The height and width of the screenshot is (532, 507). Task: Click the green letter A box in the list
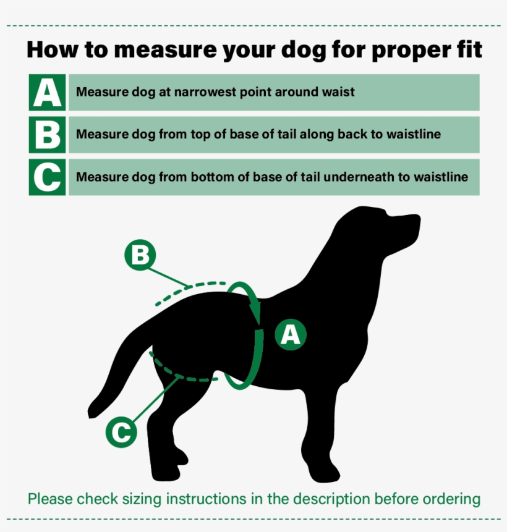[47, 93]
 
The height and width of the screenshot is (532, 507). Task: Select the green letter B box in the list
[47, 134]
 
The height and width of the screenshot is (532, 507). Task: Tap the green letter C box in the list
[47, 177]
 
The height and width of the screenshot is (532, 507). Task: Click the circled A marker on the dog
[290, 334]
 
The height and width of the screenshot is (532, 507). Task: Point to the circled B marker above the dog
[140, 255]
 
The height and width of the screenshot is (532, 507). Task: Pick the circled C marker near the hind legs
[121, 431]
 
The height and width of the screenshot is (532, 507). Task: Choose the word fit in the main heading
[468, 49]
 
